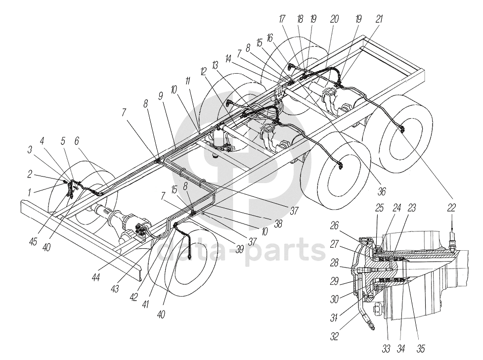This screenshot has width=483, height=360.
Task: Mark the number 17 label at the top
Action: tap(282, 19)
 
